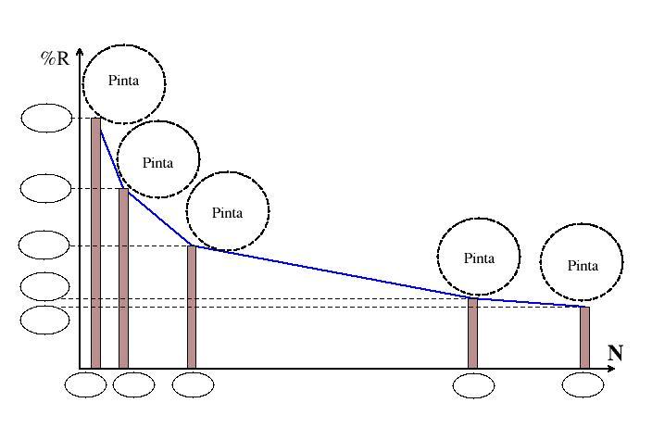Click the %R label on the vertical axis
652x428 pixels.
pos(54,58)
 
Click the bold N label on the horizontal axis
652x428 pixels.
pos(615,353)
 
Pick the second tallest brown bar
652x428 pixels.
pos(123,278)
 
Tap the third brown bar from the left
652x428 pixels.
pos(192,307)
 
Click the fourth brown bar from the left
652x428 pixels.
pos(472,333)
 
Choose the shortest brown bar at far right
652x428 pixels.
pos(584,336)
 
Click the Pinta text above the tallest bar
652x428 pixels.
pos(123,81)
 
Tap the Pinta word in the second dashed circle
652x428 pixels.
pos(157,163)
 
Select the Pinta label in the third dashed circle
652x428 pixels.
pos(227,213)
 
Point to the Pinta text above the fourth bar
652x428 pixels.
pos(479,258)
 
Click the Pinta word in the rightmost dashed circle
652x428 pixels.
pos(583,266)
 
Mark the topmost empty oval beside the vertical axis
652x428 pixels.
pos(44,119)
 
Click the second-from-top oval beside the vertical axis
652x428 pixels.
pos(44,188)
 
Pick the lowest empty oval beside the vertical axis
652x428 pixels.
pos(44,320)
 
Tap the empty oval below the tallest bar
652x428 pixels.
pos(86,384)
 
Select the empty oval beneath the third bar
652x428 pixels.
pos(193,384)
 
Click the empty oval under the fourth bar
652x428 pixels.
pos(473,384)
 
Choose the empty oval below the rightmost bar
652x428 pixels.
pos(583,384)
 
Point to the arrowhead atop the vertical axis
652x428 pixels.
pos(81,51)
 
